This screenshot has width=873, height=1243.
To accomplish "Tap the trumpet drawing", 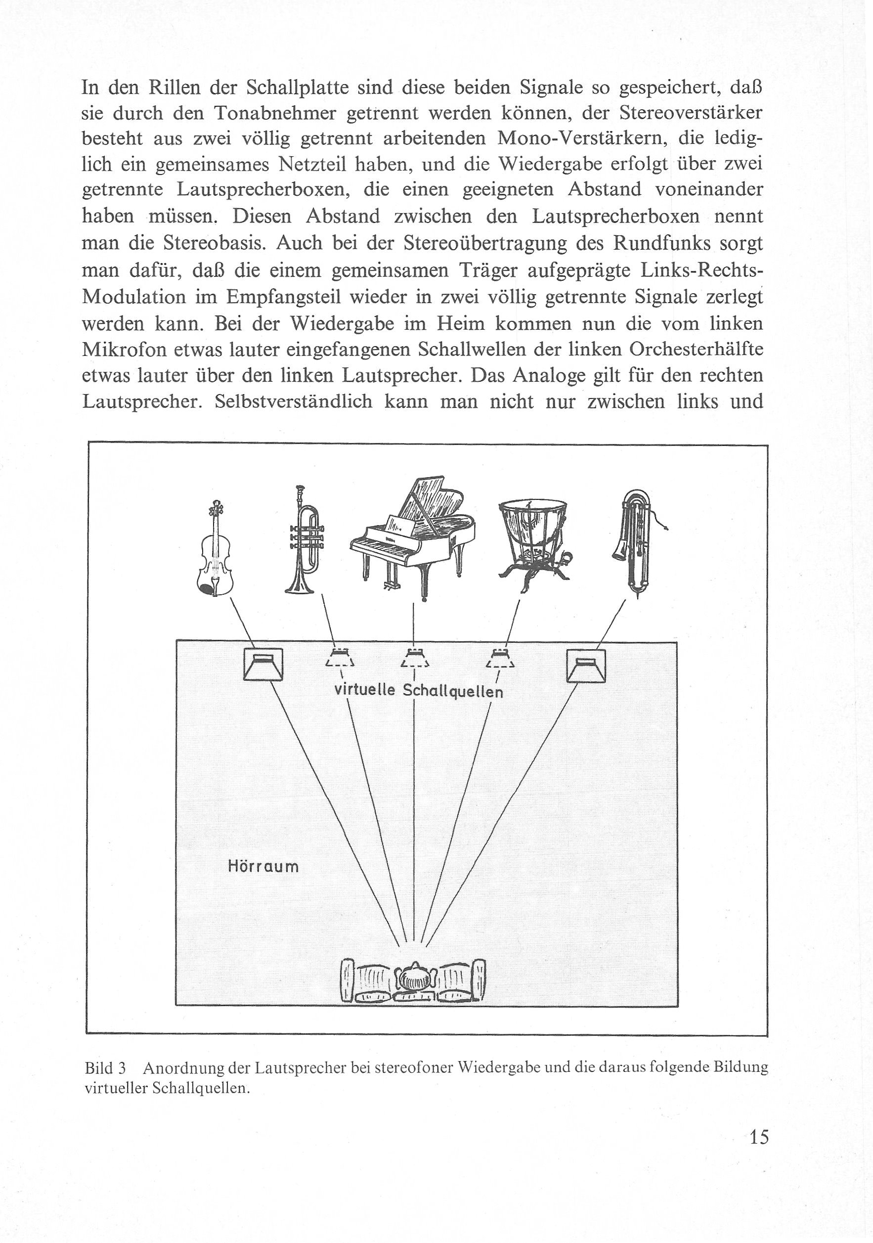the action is (305, 540).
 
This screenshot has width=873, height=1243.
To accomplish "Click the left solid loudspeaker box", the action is (263, 665).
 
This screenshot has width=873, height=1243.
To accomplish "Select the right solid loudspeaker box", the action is (586, 666).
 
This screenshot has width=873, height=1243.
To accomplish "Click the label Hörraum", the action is (263, 866).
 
